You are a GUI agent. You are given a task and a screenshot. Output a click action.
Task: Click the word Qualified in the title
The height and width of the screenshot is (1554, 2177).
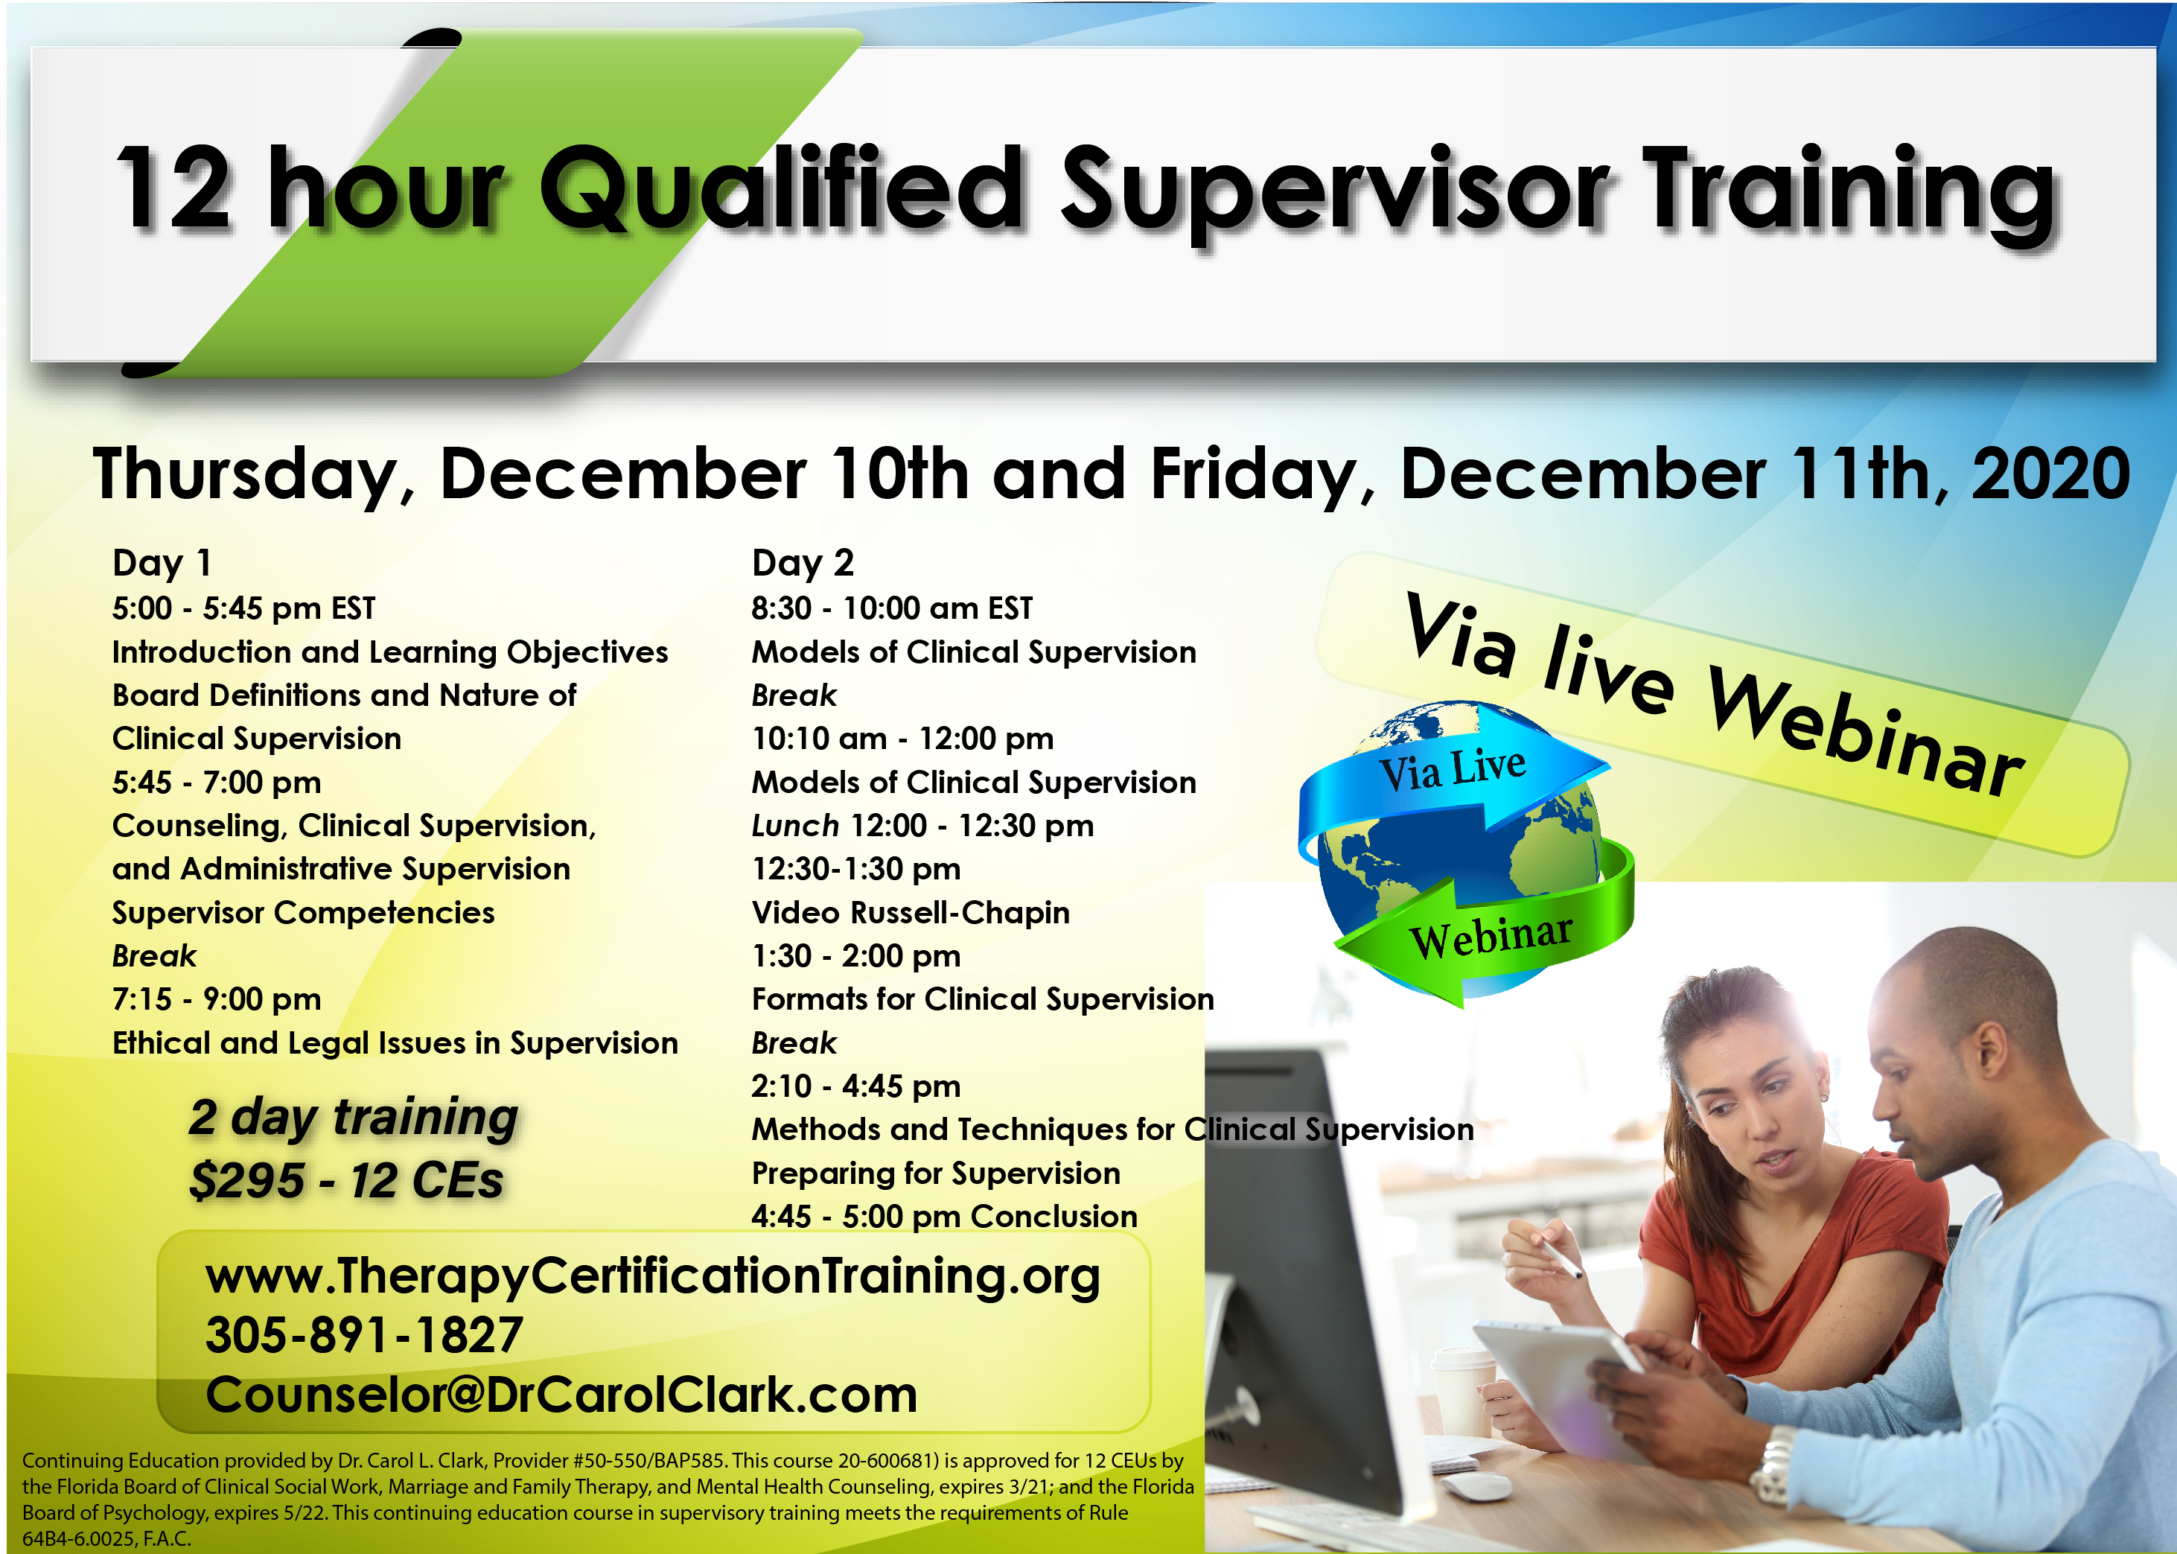(782, 188)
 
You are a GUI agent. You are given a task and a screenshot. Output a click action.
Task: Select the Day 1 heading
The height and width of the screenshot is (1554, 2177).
(162, 563)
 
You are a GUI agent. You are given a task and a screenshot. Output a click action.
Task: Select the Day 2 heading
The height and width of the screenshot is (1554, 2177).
(803, 563)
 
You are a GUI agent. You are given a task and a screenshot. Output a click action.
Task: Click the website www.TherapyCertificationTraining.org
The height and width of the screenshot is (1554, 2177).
(653, 1276)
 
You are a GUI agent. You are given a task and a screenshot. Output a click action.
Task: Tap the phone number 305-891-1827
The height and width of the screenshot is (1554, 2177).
(364, 1335)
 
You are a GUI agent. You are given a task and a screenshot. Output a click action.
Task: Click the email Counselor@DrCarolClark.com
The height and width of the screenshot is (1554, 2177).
(561, 1394)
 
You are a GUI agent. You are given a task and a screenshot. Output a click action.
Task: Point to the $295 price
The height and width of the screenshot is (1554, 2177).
(246, 1180)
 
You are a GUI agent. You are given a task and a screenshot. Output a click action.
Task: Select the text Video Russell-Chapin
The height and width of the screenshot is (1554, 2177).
(911, 913)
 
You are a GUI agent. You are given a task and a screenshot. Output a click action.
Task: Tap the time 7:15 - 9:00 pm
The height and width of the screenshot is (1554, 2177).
(216, 999)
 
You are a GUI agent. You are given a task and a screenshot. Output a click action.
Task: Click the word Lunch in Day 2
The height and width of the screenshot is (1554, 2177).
(795, 825)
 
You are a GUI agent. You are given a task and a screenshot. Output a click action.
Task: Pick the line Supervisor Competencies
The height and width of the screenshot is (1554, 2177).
(303, 913)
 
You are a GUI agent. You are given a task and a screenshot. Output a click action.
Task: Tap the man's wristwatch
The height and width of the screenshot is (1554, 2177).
(1774, 1465)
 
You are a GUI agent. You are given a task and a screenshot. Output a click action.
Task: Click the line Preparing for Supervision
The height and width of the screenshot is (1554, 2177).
(935, 1174)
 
